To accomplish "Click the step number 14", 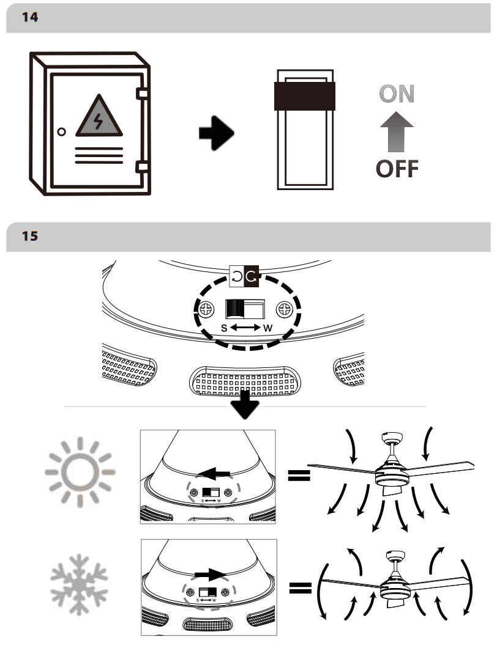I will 29,18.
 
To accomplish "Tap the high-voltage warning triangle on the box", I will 98,117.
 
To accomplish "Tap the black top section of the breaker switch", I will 305,96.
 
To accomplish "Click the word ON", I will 396,94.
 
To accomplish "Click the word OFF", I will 397,169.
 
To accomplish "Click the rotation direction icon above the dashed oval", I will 245,276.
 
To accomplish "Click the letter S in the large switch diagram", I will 224,328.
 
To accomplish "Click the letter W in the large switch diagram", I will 267,328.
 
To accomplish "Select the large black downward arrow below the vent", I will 247,405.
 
